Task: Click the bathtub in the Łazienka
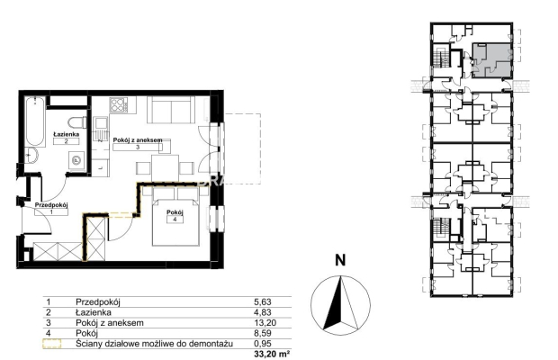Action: (x=35, y=121)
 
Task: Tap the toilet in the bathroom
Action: (x=77, y=122)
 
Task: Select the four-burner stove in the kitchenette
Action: (x=119, y=105)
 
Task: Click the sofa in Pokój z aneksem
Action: (x=171, y=109)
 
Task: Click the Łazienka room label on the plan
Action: (x=67, y=134)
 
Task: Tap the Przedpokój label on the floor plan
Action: (x=51, y=205)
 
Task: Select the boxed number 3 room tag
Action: (x=138, y=147)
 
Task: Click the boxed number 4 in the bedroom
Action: (x=175, y=220)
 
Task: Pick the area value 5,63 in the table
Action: (x=263, y=302)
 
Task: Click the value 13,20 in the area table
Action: (x=265, y=323)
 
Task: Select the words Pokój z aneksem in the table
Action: (x=110, y=323)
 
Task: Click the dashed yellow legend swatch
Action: (x=52, y=344)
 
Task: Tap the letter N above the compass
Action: (x=340, y=260)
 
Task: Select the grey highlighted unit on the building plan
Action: (x=491, y=60)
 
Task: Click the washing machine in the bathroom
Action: (x=76, y=160)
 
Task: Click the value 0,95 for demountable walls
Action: (x=263, y=344)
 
